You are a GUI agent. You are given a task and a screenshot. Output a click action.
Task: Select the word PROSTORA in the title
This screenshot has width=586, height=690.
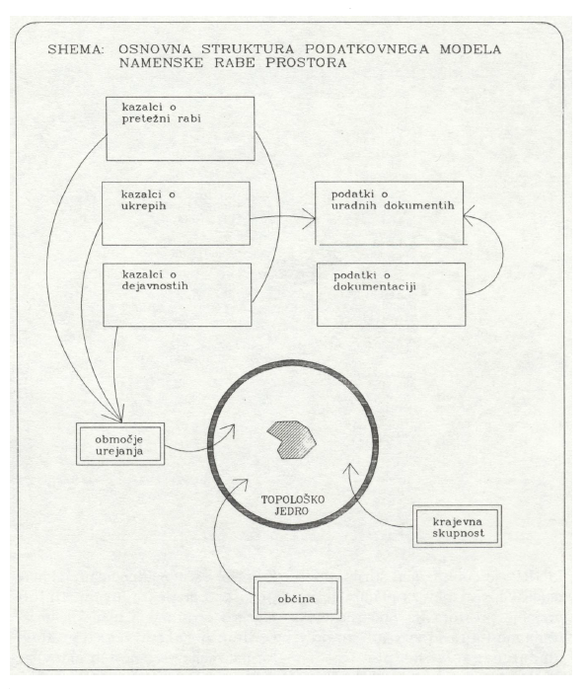306,62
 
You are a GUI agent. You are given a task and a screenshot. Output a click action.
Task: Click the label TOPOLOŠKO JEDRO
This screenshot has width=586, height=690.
293,505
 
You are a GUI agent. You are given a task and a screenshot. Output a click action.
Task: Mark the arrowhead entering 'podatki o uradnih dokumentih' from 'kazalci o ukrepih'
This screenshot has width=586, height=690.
310,218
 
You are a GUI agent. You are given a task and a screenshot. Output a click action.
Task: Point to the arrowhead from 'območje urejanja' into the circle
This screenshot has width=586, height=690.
230,430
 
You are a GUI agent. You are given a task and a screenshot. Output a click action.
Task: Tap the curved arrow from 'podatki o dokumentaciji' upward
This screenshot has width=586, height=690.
503,253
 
